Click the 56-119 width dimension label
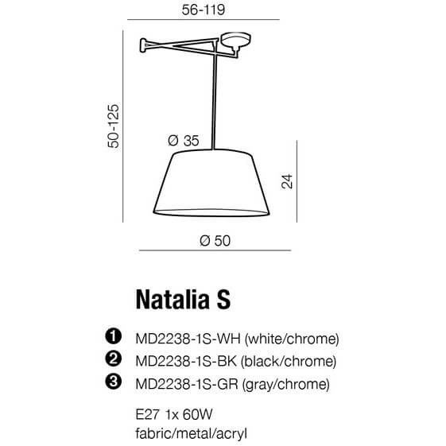199,12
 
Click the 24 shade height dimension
288,182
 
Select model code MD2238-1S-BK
188,362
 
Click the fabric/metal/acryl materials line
188,434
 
